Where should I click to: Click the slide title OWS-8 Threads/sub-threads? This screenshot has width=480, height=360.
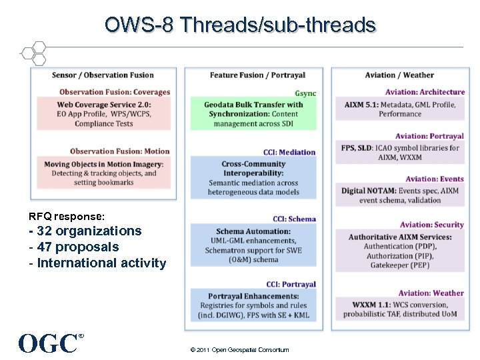click(x=240, y=25)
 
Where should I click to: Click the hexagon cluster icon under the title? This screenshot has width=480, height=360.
click(x=33, y=53)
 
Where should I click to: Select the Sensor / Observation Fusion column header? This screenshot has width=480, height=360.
click(x=103, y=75)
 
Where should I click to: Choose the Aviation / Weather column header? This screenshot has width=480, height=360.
click(x=399, y=75)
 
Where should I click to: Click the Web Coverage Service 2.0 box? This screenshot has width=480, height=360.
click(x=104, y=113)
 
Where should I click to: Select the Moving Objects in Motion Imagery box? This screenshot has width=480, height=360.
click(x=104, y=173)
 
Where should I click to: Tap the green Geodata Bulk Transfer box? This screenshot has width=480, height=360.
click(x=253, y=114)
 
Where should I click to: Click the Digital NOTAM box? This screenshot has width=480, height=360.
click(x=400, y=195)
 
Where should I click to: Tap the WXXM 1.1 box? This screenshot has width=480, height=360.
click(x=400, y=309)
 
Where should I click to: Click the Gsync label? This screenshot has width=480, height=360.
click(x=305, y=93)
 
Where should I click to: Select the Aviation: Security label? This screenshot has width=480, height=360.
click(x=431, y=225)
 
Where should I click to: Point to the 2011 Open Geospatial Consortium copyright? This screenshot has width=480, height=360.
click(x=239, y=350)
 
